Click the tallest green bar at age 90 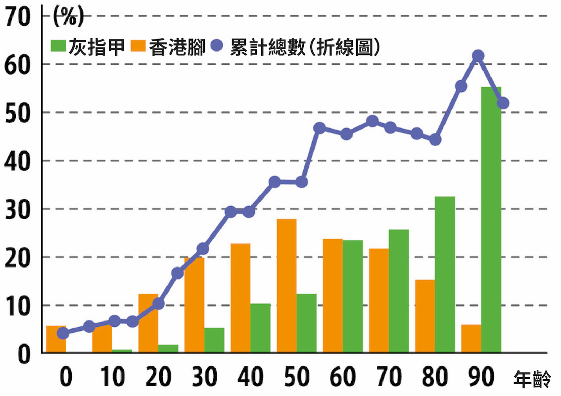coord(491,220)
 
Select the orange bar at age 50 coord(286,286)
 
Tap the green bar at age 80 coord(445,274)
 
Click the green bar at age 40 coord(260,328)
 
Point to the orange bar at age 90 coord(471,339)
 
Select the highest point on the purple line coord(477,55)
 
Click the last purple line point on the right coord(503,103)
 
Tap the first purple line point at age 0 coord(63,333)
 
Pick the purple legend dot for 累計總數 coord(217,46)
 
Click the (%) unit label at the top coord(68,19)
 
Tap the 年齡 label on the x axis coord(532,380)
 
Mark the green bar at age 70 coord(399,291)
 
